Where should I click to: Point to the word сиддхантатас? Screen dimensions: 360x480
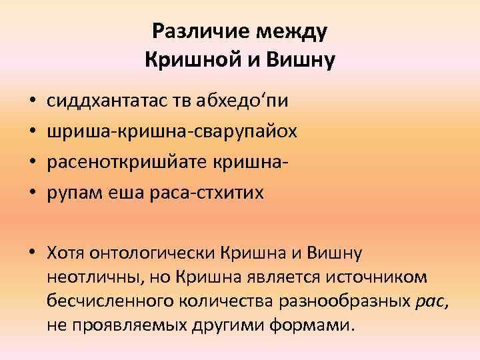(x=113, y=102)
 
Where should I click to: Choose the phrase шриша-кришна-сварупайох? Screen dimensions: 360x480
(x=172, y=133)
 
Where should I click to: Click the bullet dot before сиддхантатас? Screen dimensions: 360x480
(x=33, y=103)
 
